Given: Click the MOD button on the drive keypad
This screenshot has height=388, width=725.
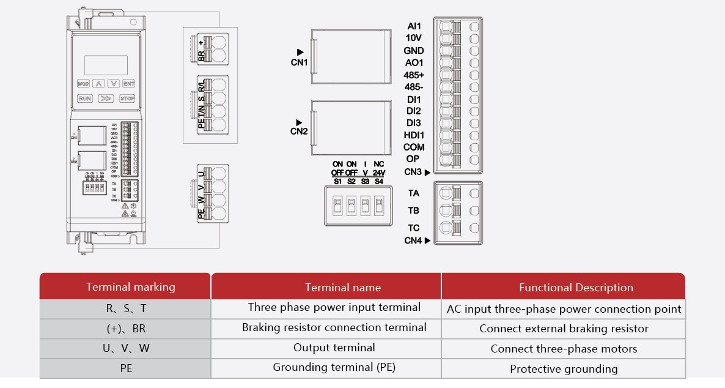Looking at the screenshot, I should coord(83,84).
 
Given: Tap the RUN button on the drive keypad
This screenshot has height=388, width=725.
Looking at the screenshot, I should coord(84,99).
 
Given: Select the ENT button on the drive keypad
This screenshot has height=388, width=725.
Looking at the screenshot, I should coord(128,84).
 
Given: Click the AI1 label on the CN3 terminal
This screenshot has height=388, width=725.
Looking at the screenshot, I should coord(414,26).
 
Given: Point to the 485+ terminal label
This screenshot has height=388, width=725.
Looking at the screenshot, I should coord(414,75).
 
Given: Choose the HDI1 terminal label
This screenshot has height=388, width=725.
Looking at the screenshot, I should coord(414,135).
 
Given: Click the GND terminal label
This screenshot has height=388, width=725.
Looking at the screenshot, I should coord(414,51).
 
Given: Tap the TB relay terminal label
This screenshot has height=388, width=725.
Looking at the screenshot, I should coord(414,211).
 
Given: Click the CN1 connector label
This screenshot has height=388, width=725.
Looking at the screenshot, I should coord(299,62).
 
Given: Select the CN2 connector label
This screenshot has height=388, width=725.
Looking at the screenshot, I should coord(299,131).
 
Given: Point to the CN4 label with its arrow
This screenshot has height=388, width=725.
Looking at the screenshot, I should coord(417,241).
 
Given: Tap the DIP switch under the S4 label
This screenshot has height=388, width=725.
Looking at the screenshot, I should coord(379,204).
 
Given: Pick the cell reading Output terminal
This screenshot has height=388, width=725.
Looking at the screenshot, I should coord(334,348).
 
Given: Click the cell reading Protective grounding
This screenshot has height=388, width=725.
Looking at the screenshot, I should coord(564,369).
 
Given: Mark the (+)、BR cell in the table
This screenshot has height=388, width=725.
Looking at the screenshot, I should coord(126,329).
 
